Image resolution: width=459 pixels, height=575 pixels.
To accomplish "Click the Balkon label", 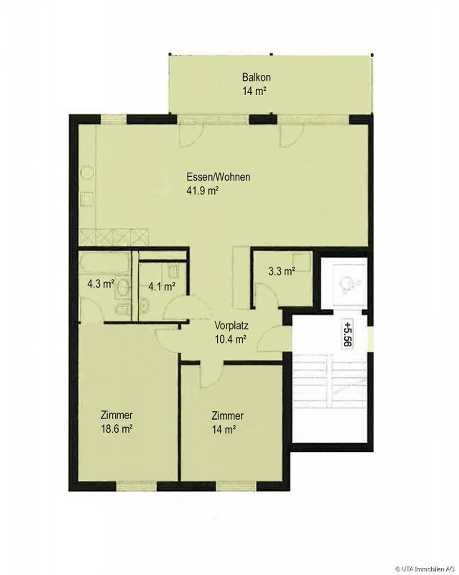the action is click(256, 77).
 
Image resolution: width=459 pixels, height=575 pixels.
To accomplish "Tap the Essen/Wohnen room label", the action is click(218, 177).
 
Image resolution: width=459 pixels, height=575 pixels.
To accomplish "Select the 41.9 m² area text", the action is click(202, 191).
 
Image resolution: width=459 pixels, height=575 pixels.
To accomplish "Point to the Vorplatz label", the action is click(231, 326).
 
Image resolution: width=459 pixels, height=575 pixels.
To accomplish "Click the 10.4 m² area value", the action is click(230, 339).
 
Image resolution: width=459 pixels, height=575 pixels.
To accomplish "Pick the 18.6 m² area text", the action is click(117, 429).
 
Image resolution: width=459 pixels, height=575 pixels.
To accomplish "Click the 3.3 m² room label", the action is click(281, 271).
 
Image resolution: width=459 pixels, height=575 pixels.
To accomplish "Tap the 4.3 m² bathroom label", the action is click(101, 284).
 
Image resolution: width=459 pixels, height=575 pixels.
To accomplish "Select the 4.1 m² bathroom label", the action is click(162, 286).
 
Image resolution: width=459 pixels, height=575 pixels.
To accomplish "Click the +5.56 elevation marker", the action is click(347, 334).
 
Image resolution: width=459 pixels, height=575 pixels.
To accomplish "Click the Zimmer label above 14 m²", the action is click(228, 416).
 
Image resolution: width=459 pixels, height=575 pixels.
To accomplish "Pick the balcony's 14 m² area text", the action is click(254, 91).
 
